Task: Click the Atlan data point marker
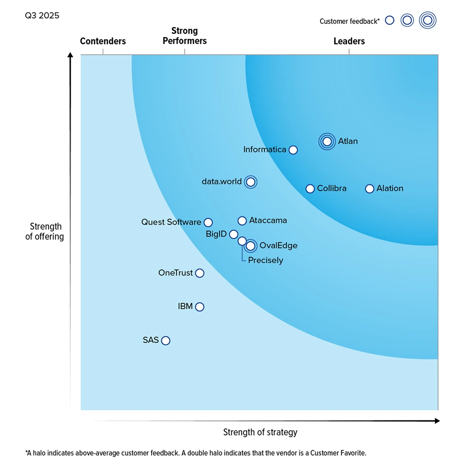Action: (x=327, y=141)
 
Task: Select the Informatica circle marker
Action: (x=293, y=150)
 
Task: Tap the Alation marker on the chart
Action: (x=369, y=188)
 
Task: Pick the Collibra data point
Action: (x=310, y=188)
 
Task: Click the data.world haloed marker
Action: (x=250, y=182)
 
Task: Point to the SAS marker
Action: (x=166, y=340)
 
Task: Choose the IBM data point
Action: (x=199, y=307)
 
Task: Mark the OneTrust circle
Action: (x=199, y=273)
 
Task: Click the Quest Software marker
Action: (x=208, y=222)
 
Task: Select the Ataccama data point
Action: (x=242, y=221)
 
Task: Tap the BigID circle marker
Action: (x=233, y=234)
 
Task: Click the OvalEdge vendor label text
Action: (x=278, y=246)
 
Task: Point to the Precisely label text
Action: (x=266, y=260)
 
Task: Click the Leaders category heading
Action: (x=349, y=41)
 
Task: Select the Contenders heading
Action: (x=103, y=41)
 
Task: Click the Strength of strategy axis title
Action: (x=260, y=432)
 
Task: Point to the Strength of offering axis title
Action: (x=44, y=231)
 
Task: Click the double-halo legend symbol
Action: (x=428, y=20)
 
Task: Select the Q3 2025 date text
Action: (x=42, y=16)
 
